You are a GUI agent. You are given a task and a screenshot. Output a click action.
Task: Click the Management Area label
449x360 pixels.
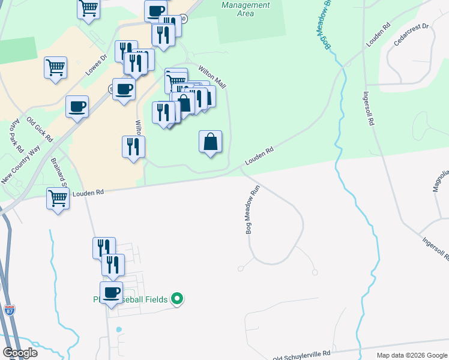(x=246, y=9)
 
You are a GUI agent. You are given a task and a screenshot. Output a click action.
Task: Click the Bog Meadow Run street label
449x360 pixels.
(x=253, y=209)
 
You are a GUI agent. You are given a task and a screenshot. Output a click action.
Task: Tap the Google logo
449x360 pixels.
(x=20, y=352)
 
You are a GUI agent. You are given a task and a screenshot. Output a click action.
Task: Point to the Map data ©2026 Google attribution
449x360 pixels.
(x=411, y=355)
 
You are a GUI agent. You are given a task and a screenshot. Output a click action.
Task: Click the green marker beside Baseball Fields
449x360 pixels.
(x=177, y=298)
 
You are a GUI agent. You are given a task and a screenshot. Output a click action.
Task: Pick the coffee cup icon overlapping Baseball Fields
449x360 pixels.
(x=111, y=293)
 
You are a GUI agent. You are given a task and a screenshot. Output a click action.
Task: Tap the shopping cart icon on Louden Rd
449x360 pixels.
(x=58, y=197)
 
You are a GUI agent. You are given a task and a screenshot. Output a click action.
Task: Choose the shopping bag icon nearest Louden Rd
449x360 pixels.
(x=210, y=142)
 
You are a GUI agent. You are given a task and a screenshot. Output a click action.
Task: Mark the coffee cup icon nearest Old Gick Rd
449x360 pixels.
(x=77, y=107)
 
